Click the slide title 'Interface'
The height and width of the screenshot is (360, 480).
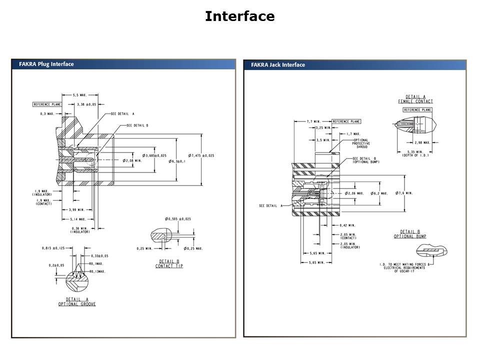click(x=239, y=16)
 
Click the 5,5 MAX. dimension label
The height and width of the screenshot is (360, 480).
click(x=80, y=94)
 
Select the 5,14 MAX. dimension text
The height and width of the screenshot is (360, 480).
click(x=77, y=219)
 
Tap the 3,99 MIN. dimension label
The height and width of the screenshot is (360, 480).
click(x=77, y=210)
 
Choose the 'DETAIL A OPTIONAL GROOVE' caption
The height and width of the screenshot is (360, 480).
click(x=77, y=301)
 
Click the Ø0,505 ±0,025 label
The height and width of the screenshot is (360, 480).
click(x=177, y=219)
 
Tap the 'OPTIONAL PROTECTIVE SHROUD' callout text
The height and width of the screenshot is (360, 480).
click(x=360, y=143)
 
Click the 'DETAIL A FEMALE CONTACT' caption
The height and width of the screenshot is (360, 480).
click(x=415, y=99)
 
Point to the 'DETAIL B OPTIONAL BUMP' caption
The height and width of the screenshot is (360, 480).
click(x=410, y=234)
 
